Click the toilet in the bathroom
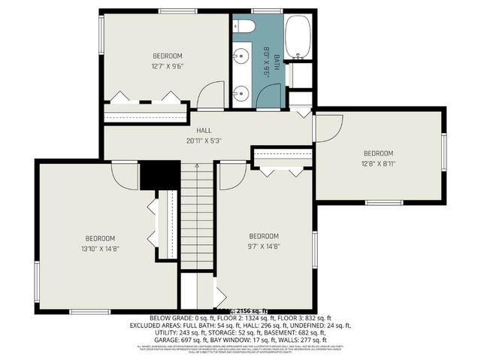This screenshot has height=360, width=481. [x=245, y=26]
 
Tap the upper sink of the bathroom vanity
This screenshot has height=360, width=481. [x=241, y=56]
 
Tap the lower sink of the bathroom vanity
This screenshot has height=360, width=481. [x=241, y=92]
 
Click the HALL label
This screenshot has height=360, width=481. [x=204, y=130]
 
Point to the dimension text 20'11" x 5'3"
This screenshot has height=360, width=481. [x=204, y=141]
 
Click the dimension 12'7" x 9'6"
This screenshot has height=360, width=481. [x=168, y=66]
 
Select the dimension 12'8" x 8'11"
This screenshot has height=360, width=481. [x=378, y=163]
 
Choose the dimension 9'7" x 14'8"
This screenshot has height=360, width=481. [x=264, y=245]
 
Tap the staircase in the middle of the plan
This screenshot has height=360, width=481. [x=197, y=218]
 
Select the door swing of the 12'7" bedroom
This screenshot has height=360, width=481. [x=212, y=95]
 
